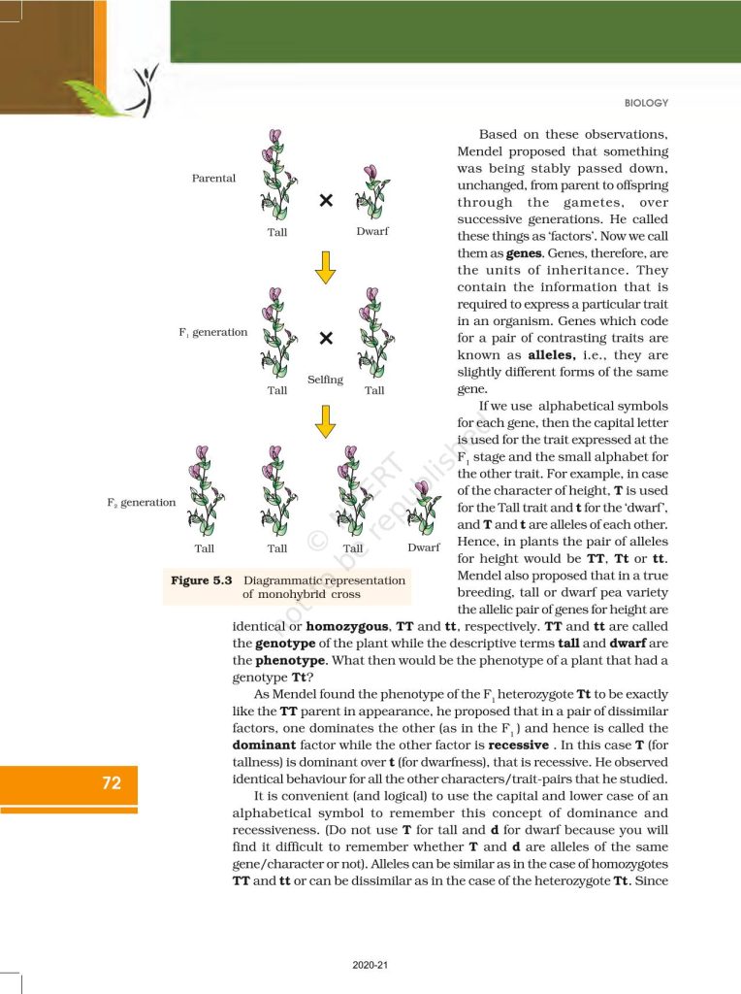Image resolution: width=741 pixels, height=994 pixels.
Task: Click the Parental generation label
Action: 213,179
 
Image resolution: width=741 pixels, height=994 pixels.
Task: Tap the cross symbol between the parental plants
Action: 326,200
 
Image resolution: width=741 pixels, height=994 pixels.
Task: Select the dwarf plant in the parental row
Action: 371,193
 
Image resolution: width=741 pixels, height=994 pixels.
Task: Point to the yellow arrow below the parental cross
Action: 326,265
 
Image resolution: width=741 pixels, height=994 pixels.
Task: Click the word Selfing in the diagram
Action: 325,380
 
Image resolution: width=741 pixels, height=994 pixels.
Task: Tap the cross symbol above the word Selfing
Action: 326,338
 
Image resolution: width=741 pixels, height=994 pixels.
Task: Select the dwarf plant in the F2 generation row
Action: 424,506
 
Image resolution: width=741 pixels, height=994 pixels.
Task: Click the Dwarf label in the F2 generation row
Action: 424,547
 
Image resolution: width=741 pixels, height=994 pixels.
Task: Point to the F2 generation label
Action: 142,503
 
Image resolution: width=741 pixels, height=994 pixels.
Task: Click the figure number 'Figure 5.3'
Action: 202,580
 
